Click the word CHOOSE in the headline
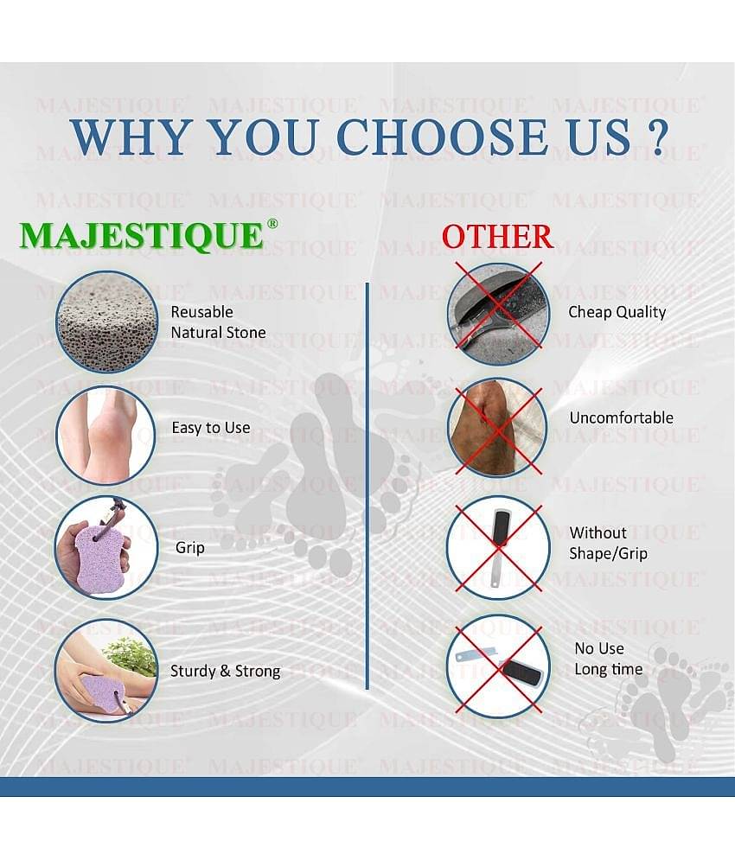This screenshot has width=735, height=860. pos(443,137)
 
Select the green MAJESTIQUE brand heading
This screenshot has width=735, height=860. pos(142,236)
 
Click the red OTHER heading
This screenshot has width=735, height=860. pos(497,237)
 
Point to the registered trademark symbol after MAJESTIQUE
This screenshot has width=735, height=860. pos(272,224)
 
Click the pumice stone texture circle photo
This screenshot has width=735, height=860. pos(106,322)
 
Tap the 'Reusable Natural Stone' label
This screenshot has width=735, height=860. pos(218,322)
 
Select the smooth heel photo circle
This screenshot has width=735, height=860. pos(105,435)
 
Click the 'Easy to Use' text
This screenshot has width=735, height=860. pos(211,428)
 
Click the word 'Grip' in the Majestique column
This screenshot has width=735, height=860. pos(190,547)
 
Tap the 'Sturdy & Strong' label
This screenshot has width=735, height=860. pos(225,671)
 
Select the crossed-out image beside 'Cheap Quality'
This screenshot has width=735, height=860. pos(497,313)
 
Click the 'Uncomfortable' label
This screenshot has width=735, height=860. pos(622,418)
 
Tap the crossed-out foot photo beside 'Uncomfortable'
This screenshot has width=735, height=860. pos(496,428)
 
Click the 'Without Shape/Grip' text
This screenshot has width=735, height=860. pos(608,543)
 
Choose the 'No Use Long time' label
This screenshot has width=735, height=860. pos(608,659)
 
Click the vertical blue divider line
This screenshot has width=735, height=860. pos(367,486)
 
